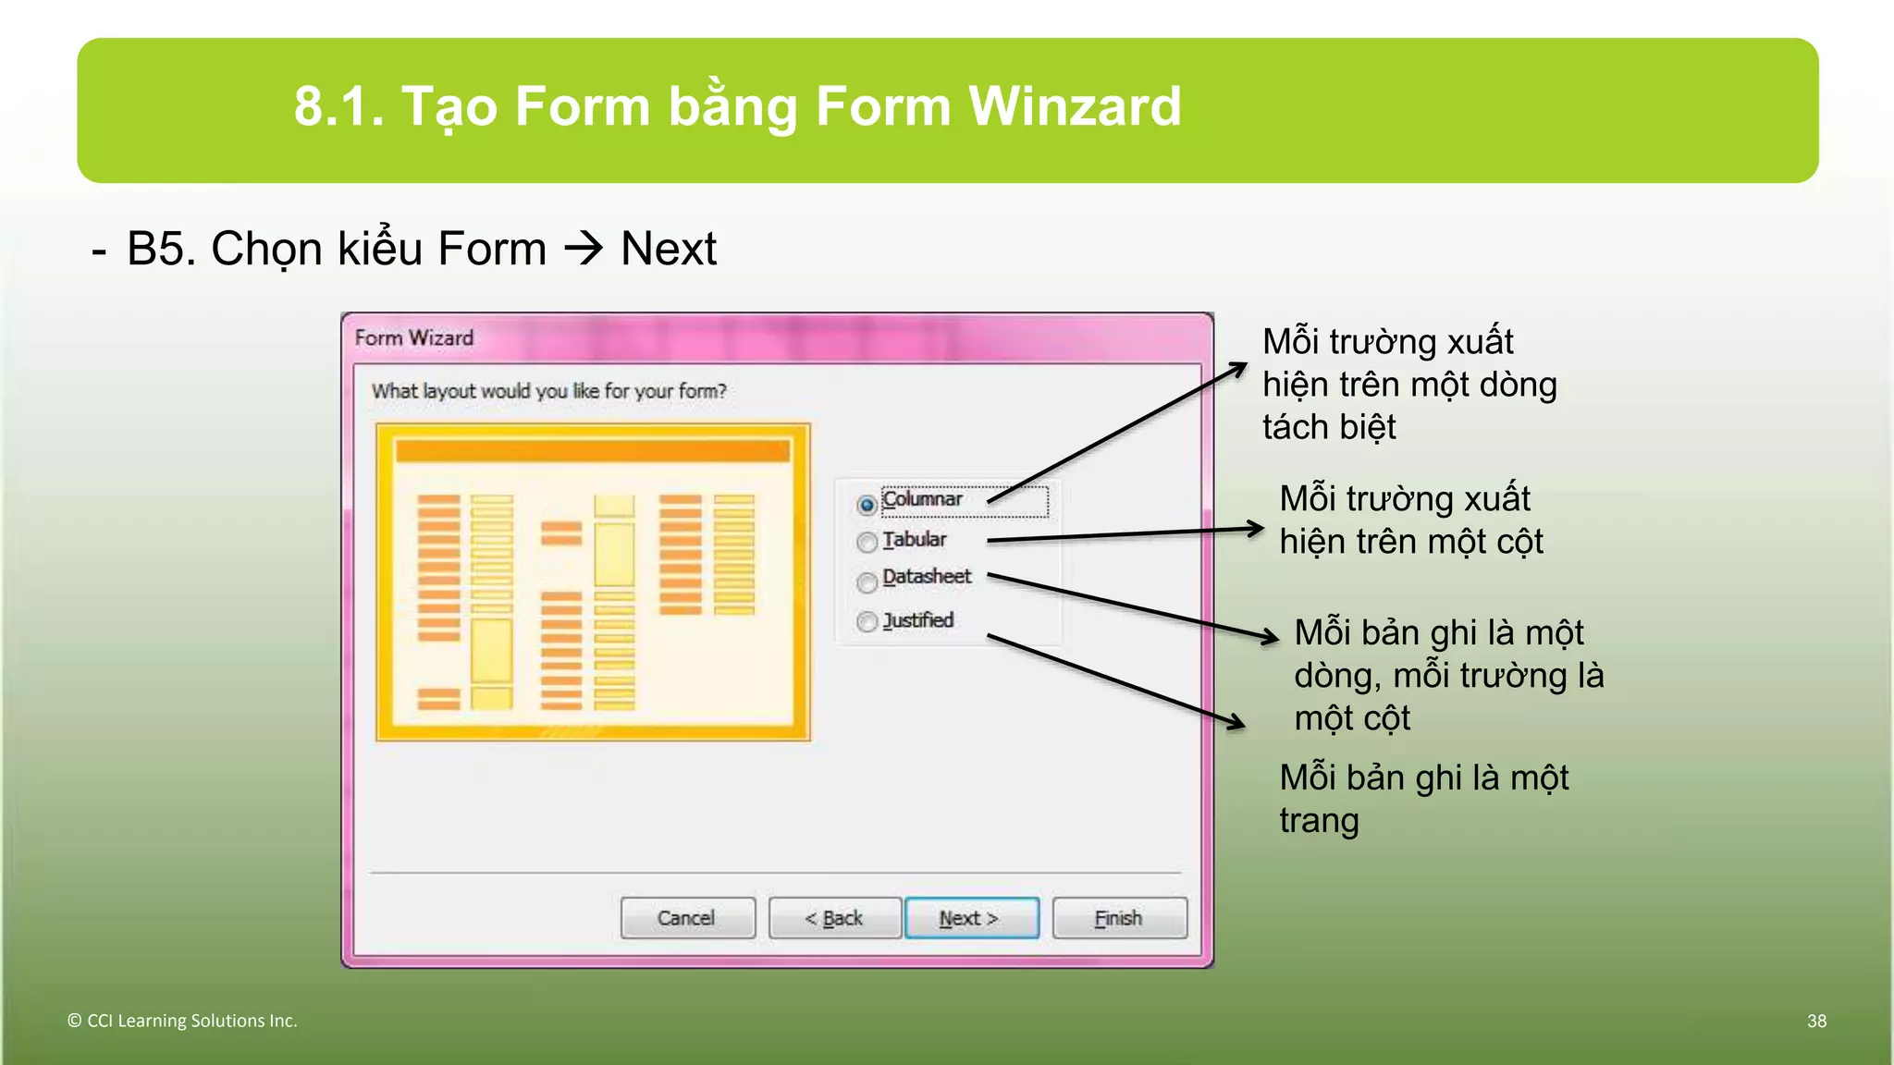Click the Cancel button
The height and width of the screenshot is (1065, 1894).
(x=687, y=918)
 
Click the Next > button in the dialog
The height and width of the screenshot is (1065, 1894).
(x=971, y=918)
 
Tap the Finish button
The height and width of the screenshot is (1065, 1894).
(x=1119, y=918)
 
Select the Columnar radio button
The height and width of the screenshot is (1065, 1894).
(x=867, y=505)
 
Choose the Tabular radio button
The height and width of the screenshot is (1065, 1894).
(x=867, y=542)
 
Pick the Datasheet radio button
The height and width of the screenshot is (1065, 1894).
(x=867, y=582)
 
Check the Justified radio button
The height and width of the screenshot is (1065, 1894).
(x=867, y=621)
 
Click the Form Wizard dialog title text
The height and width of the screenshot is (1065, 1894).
(x=414, y=338)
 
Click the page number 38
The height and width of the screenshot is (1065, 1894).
(x=1816, y=1021)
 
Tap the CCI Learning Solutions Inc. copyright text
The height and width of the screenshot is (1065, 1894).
(x=182, y=1021)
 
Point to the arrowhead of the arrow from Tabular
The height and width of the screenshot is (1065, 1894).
(x=1256, y=529)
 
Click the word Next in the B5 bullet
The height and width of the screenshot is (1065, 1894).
(x=668, y=249)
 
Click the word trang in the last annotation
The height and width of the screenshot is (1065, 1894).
(x=1319, y=821)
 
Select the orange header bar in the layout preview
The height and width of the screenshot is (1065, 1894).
(x=593, y=451)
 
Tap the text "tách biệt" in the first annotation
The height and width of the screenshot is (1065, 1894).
(x=1329, y=427)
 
